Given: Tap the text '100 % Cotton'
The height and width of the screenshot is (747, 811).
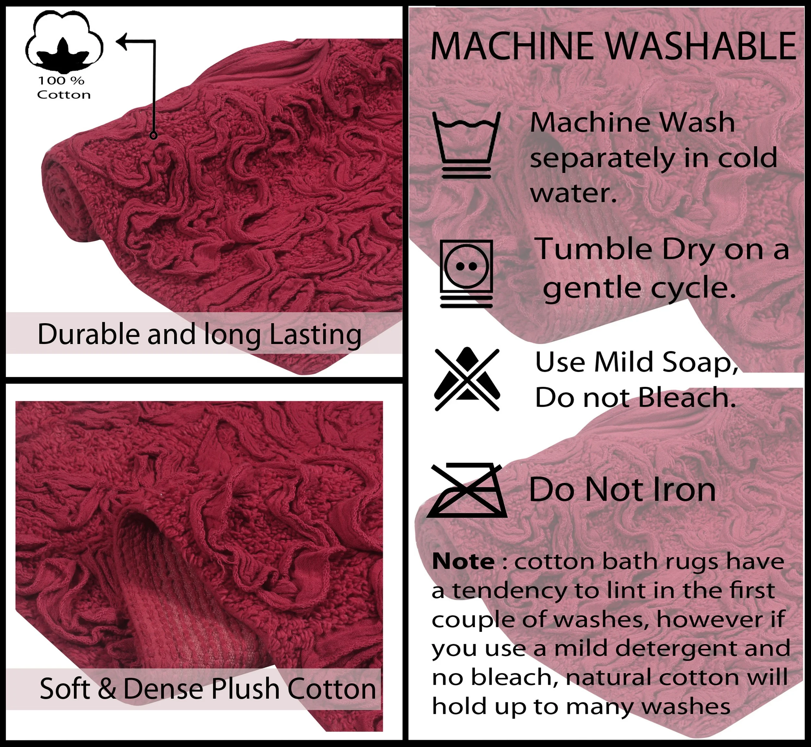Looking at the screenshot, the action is pyautogui.click(x=64, y=87).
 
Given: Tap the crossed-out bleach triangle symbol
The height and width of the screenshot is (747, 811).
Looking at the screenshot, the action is pyautogui.click(x=467, y=379).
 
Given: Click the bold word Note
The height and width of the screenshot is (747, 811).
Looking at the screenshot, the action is pyautogui.click(x=463, y=562).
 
